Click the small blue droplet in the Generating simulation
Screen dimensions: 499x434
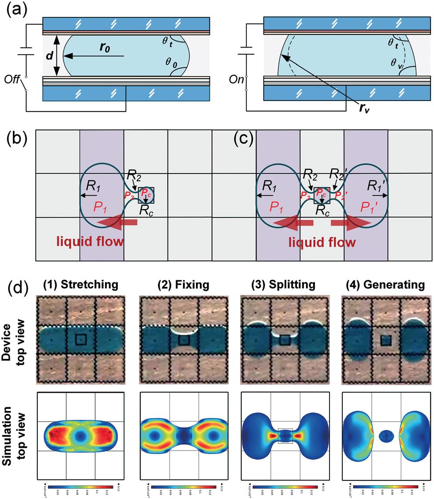[386, 436]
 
